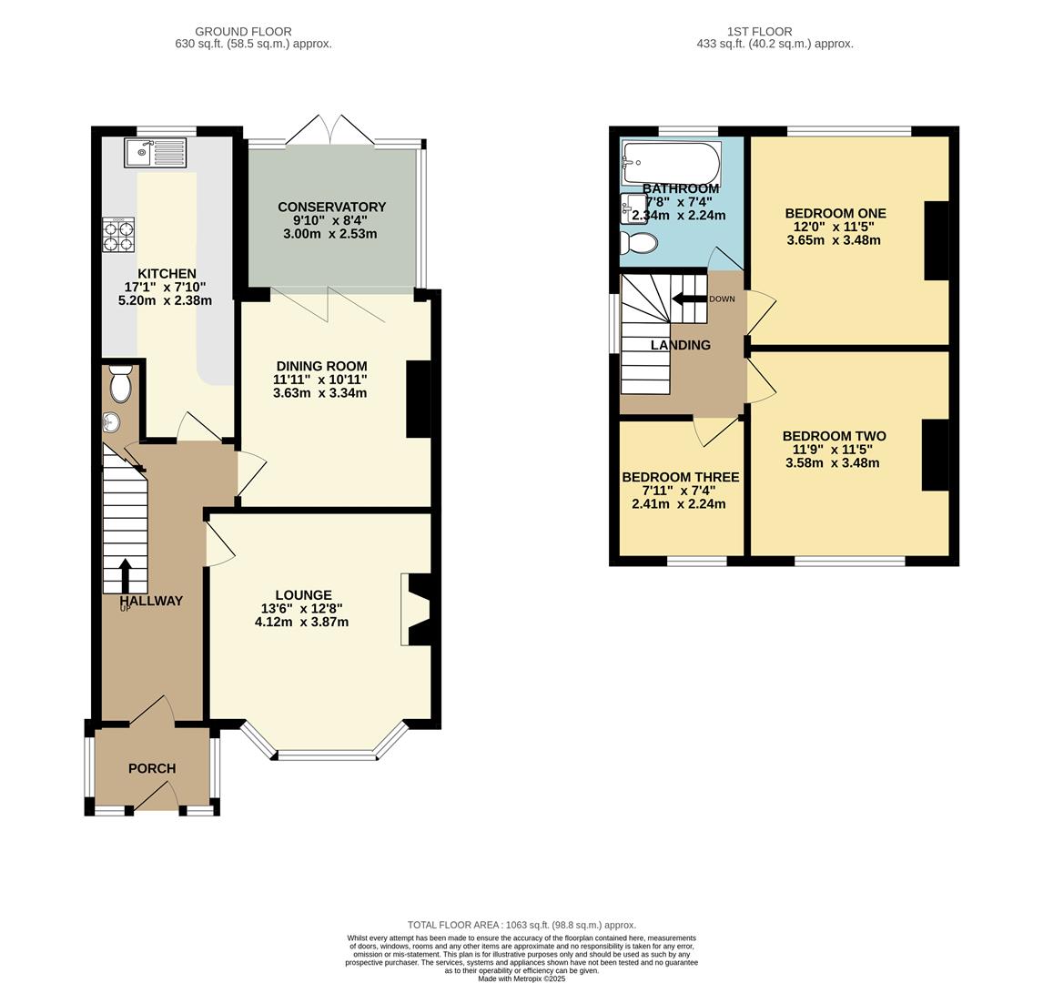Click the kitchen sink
(156, 152)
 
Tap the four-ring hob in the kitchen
(118, 235)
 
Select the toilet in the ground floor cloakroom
(120, 383)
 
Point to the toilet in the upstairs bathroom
(639, 243)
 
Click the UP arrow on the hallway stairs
(125, 576)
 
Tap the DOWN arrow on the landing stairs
(689, 299)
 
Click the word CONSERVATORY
(332, 207)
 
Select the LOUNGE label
(303, 595)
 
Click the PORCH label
(152, 768)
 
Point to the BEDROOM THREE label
(681, 477)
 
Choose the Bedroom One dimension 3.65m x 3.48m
(834, 240)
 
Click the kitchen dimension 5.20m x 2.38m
(165, 300)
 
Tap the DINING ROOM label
(322, 366)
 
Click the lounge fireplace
(417, 610)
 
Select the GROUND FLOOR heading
(243, 31)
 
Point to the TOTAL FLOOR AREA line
(521, 925)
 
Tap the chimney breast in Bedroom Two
(936, 455)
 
